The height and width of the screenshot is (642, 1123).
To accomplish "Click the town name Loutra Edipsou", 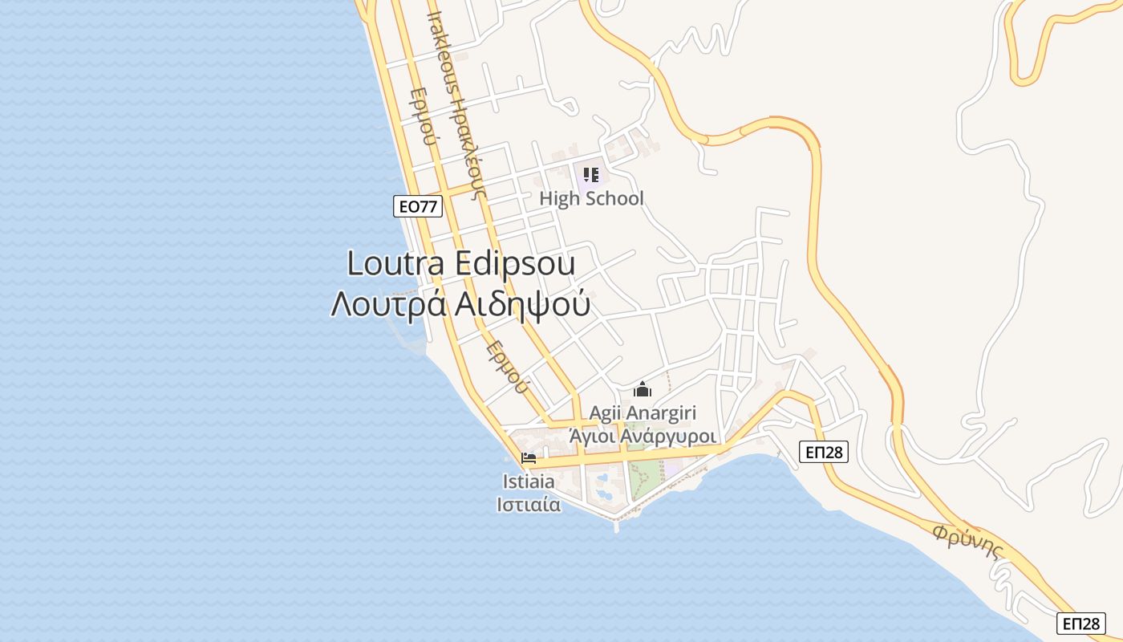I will [x=461, y=264].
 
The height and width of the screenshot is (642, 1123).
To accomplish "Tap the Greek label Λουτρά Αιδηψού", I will [x=461, y=305].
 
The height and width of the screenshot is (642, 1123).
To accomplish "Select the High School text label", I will [x=591, y=198].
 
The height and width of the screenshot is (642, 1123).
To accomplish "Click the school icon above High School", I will [x=591, y=174].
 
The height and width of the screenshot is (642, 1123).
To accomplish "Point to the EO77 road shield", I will [x=418, y=206].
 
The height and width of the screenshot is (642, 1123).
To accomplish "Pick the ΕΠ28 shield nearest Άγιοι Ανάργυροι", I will [x=824, y=452].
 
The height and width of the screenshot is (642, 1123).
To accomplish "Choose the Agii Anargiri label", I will [x=643, y=412].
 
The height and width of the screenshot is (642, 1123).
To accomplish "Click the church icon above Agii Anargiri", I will [x=643, y=390].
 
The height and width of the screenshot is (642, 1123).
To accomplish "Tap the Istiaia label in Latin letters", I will [x=528, y=481].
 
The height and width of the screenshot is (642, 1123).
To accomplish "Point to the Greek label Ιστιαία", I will [x=528, y=504].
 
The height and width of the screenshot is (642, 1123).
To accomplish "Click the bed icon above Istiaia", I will [x=528, y=459].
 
